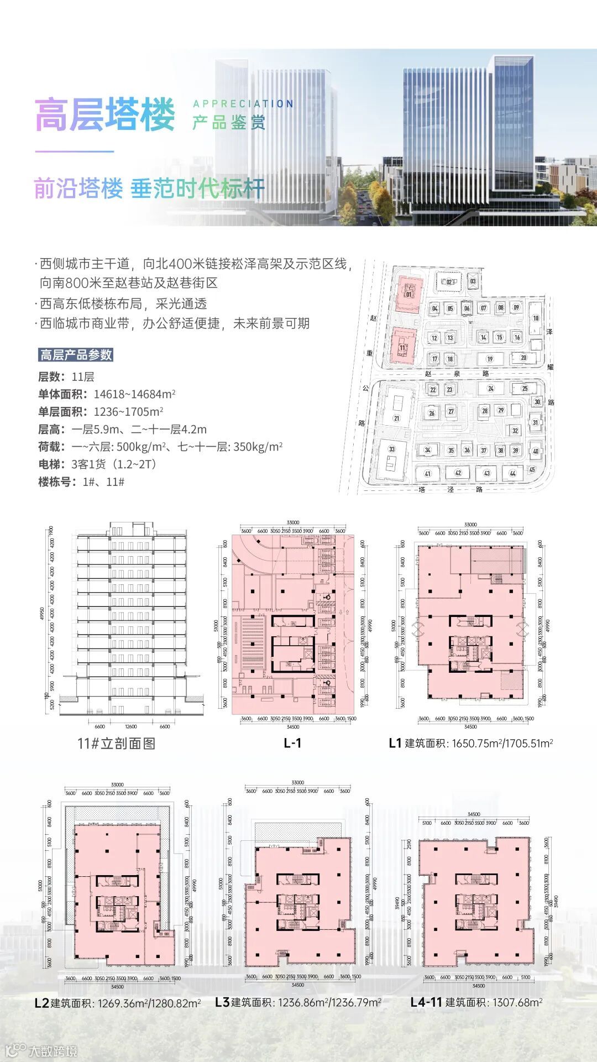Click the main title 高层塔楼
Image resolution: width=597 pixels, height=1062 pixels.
coord(105,115)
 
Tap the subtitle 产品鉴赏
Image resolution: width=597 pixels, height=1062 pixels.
coord(229,122)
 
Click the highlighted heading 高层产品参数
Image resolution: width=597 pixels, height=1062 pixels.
coord(76,355)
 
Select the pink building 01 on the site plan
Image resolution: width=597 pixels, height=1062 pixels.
coord(410,294)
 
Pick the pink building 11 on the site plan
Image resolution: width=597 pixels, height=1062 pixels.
coord(403,347)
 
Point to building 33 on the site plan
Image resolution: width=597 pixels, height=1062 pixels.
coord(392,449)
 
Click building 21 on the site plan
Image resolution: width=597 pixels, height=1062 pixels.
coord(396,418)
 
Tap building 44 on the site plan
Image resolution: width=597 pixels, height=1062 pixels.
coord(513,473)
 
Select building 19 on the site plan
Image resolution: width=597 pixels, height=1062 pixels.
coord(490,359)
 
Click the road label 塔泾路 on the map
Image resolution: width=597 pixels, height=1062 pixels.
coord(451,489)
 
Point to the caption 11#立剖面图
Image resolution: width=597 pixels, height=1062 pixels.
coord(116,743)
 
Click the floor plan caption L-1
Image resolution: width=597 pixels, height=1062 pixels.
coord(292,743)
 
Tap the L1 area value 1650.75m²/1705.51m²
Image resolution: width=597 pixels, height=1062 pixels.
coord(502,744)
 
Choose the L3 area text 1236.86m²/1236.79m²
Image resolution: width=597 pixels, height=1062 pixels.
coord(329,1002)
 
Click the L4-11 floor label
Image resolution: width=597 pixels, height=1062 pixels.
coord(426,1002)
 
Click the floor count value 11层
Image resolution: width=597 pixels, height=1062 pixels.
coord(83,377)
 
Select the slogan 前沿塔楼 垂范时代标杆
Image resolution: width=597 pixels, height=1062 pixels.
coord(149,189)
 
